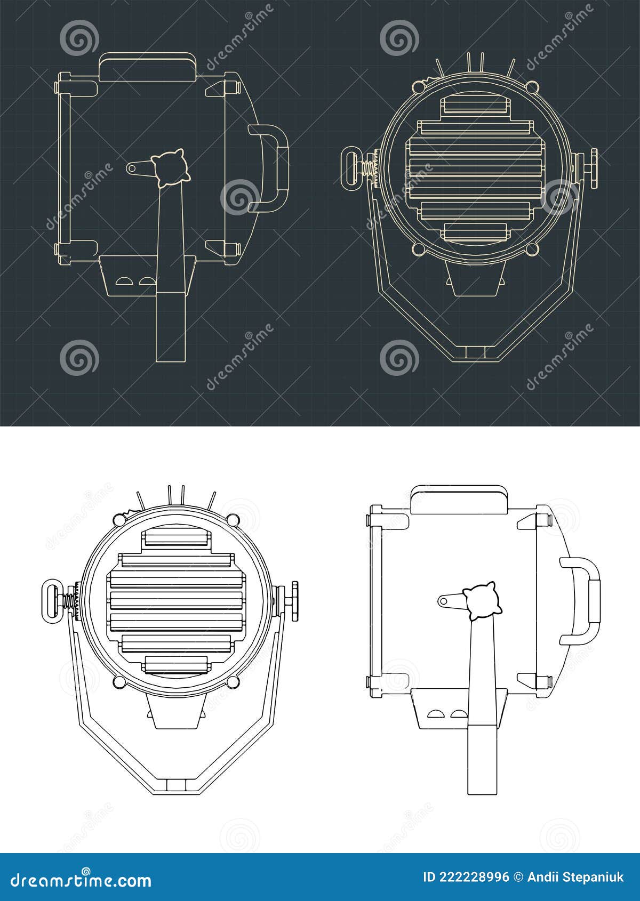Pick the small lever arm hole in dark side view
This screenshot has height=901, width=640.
coord(132,168)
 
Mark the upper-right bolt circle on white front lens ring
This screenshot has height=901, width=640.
coord(233,519)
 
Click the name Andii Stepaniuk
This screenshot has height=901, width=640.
coord(575,877)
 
